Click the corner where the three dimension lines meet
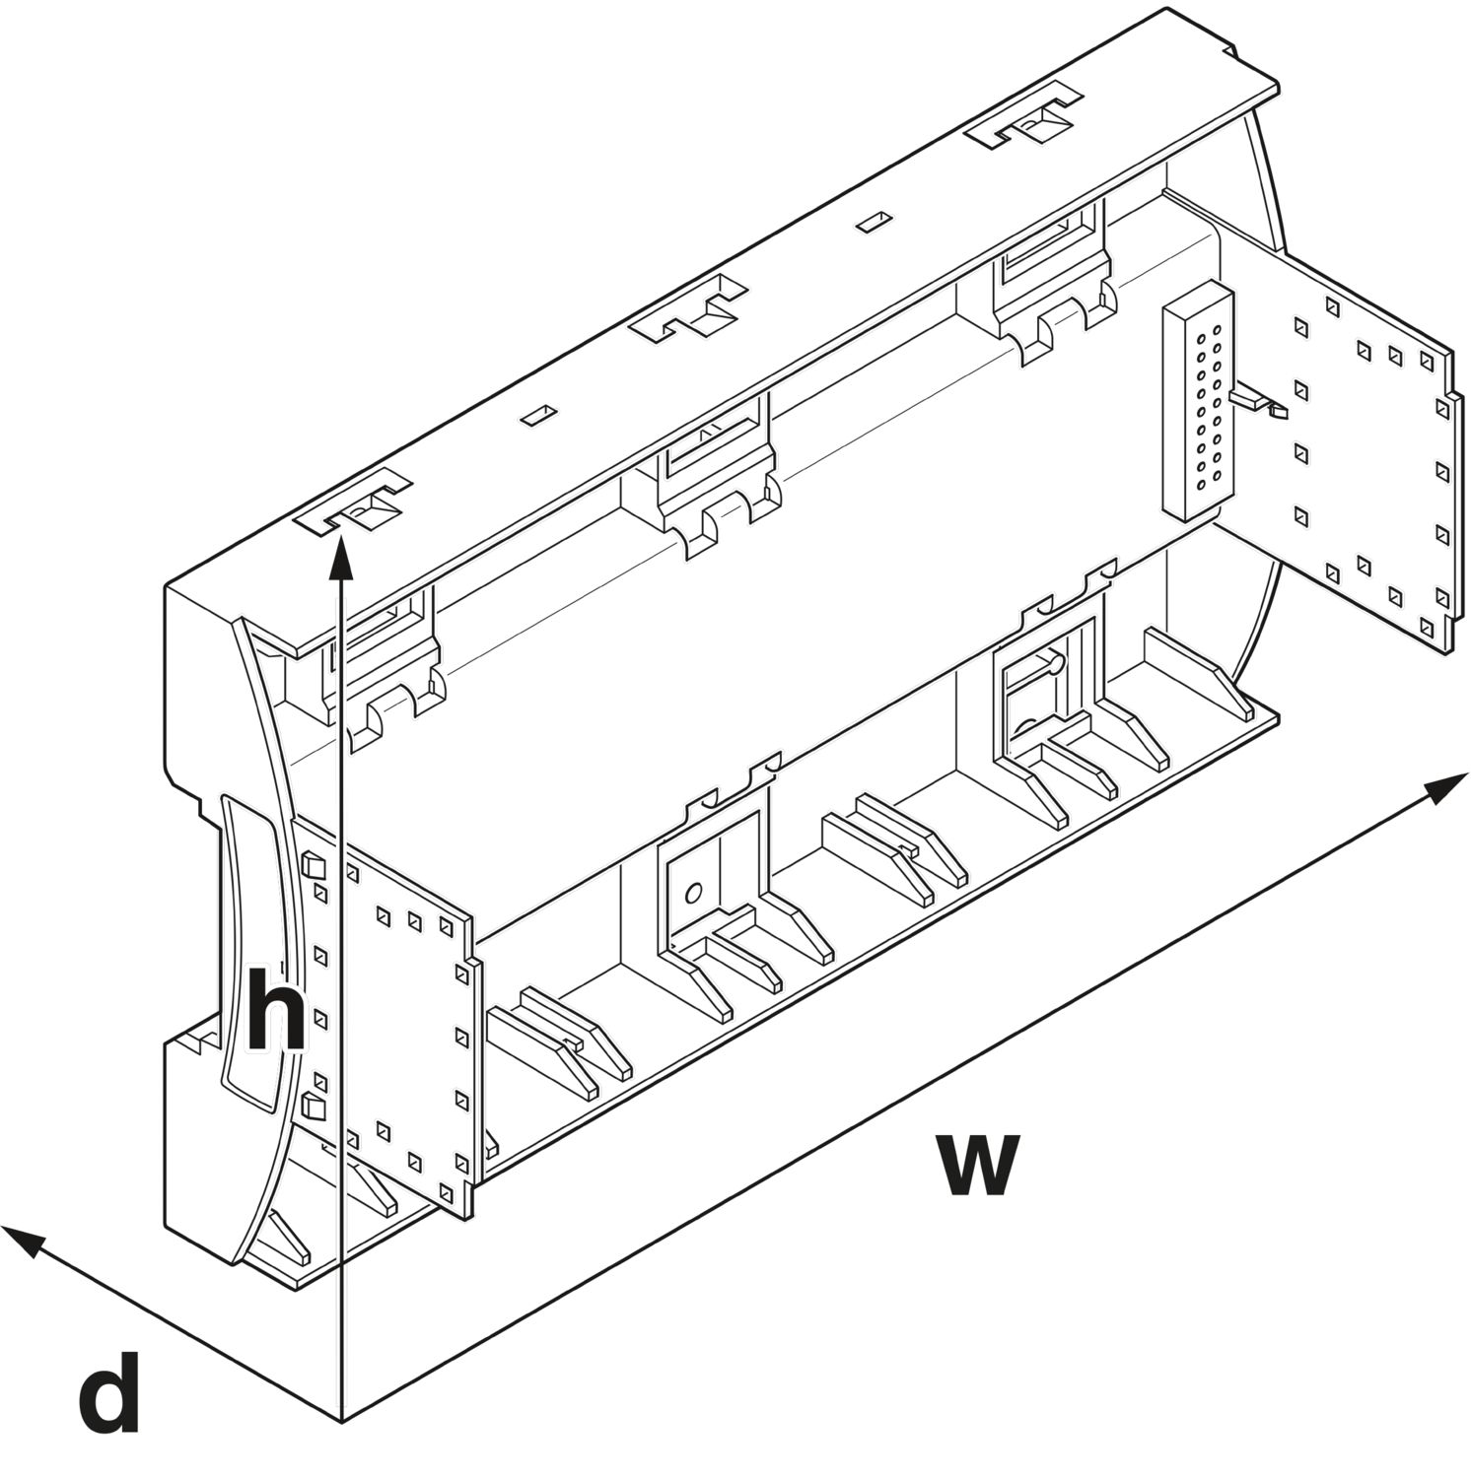coord(341,1420)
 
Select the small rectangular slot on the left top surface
coord(538,415)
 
